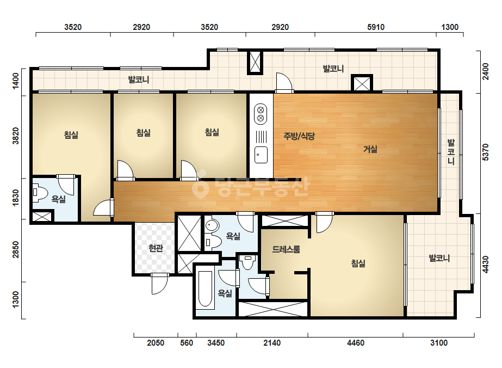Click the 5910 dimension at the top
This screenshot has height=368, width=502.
(375, 27)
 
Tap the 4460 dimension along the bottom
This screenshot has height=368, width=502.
(356, 343)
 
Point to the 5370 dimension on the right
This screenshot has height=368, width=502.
(486, 152)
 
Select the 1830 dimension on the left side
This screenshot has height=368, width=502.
(15, 198)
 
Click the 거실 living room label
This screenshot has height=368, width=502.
(370, 149)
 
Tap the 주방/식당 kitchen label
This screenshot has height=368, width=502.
(299, 136)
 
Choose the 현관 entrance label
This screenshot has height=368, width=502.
(156, 248)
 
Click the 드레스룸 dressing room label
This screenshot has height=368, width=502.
(286, 249)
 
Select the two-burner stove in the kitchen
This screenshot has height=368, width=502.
(261, 114)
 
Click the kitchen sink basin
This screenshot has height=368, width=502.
(261, 155)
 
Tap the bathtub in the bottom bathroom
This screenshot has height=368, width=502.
(205, 290)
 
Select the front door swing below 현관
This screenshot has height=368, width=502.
(159, 284)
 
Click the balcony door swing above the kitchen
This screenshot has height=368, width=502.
(284, 82)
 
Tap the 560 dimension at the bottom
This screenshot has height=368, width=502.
(187, 343)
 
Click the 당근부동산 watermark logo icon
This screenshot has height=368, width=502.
(200, 187)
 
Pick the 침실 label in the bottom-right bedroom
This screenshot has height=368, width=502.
(358, 263)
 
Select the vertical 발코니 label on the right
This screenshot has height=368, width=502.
(451, 152)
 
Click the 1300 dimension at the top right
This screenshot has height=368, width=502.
(450, 27)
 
